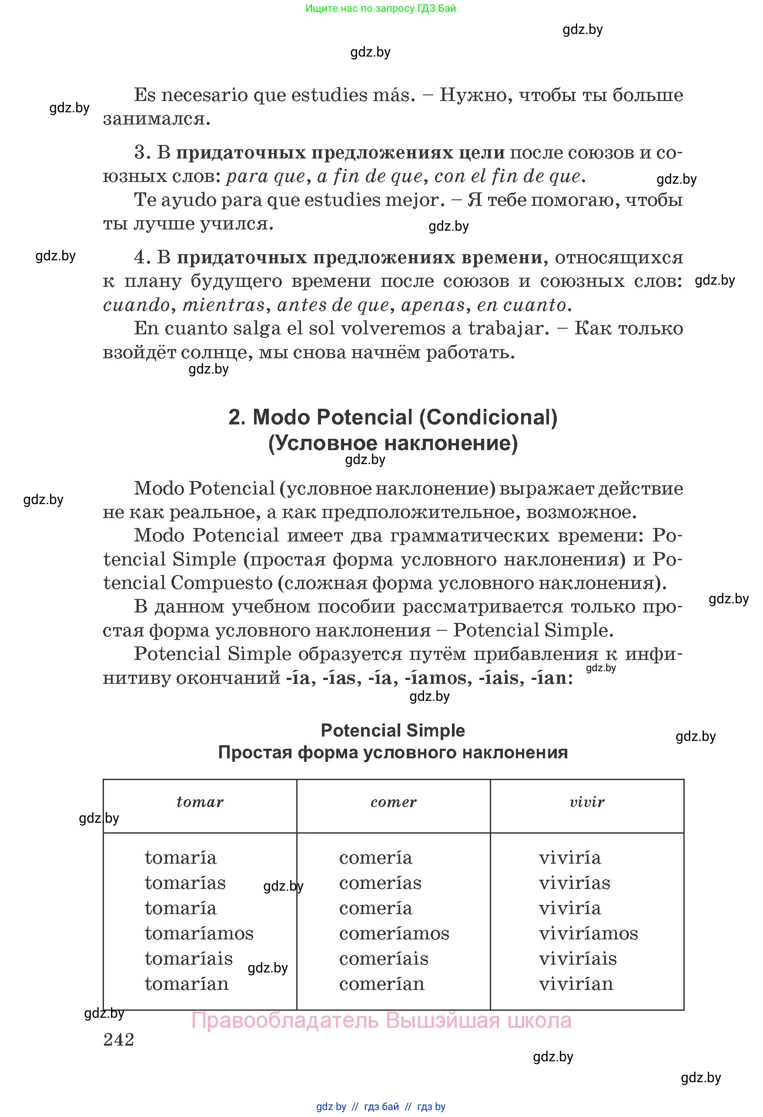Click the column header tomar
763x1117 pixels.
(x=200, y=802)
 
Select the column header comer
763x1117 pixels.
(x=393, y=802)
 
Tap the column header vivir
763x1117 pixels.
(x=587, y=802)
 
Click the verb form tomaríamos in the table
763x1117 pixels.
(x=199, y=933)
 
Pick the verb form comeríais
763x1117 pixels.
(x=383, y=959)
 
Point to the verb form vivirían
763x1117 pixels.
(x=576, y=984)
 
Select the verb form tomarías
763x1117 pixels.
(x=185, y=883)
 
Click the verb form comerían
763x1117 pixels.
(x=382, y=984)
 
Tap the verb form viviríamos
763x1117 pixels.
(x=588, y=933)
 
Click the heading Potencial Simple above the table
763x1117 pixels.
(x=393, y=730)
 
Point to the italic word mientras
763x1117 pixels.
(x=224, y=305)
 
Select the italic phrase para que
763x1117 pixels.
(x=265, y=176)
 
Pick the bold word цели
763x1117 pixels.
(x=482, y=152)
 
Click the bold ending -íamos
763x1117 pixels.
(x=435, y=678)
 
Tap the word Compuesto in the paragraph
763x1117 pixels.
(x=221, y=583)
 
